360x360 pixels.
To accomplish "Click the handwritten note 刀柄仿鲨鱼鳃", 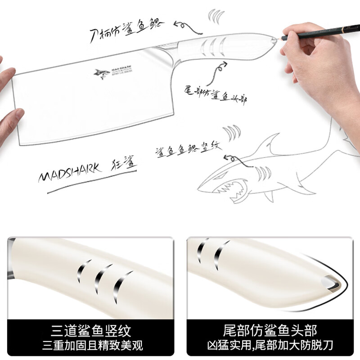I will coord(126,30).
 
